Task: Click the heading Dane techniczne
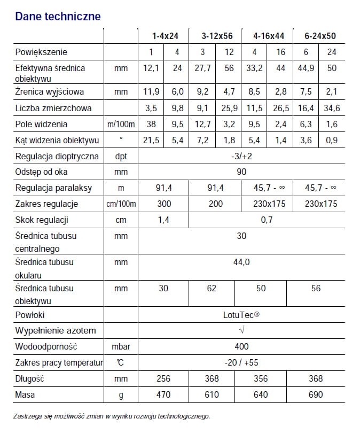click(x=58, y=17)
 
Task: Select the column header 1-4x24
click(x=165, y=36)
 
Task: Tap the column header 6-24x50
click(x=319, y=36)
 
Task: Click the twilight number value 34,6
click(x=332, y=108)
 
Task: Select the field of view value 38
click(x=151, y=124)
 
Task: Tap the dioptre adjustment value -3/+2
click(x=241, y=156)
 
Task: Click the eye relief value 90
click(x=241, y=172)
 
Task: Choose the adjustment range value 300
click(x=163, y=204)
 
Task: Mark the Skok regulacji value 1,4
click(x=163, y=220)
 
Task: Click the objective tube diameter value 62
click(x=212, y=288)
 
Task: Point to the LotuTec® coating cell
click(x=241, y=315)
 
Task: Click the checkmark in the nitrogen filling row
click(x=241, y=330)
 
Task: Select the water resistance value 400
click(x=241, y=346)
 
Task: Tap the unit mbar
click(x=121, y=346)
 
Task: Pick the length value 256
click(x=163, y=378)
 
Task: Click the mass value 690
click(x=316, y=394)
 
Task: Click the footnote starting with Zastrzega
click(x=112, y=416)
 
